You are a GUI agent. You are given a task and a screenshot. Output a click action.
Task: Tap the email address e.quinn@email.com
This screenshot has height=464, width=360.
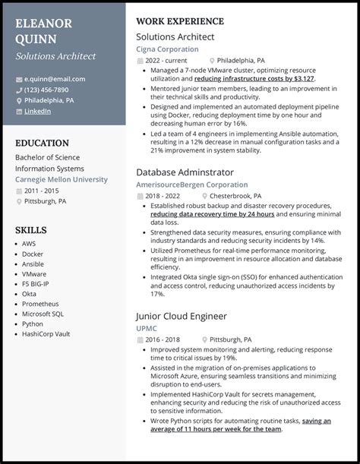tap(55, 79)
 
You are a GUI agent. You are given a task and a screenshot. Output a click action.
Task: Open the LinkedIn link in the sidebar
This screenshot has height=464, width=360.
tap(38, 111)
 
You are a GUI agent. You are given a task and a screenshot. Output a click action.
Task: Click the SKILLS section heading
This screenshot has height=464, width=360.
tap(31, 229)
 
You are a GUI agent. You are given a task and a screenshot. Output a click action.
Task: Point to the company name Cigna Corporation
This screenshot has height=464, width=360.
tap(167, 49)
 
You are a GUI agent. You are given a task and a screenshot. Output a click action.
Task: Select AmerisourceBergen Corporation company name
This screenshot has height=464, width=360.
tap(191, 185)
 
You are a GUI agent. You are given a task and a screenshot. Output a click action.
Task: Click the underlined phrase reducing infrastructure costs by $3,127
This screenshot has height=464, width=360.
tap(254, 78)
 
